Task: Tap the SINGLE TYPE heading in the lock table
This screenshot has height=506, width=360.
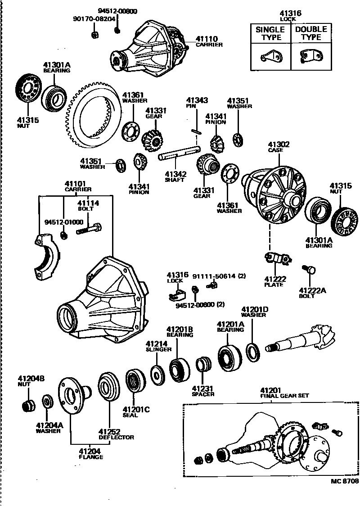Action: click(x=270, y=33)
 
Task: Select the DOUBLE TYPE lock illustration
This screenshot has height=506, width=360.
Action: click(x=311, y=56)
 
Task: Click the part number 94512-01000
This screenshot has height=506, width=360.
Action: click(x=63, y=222)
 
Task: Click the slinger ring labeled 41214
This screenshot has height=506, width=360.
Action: click(x=157, y=375)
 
